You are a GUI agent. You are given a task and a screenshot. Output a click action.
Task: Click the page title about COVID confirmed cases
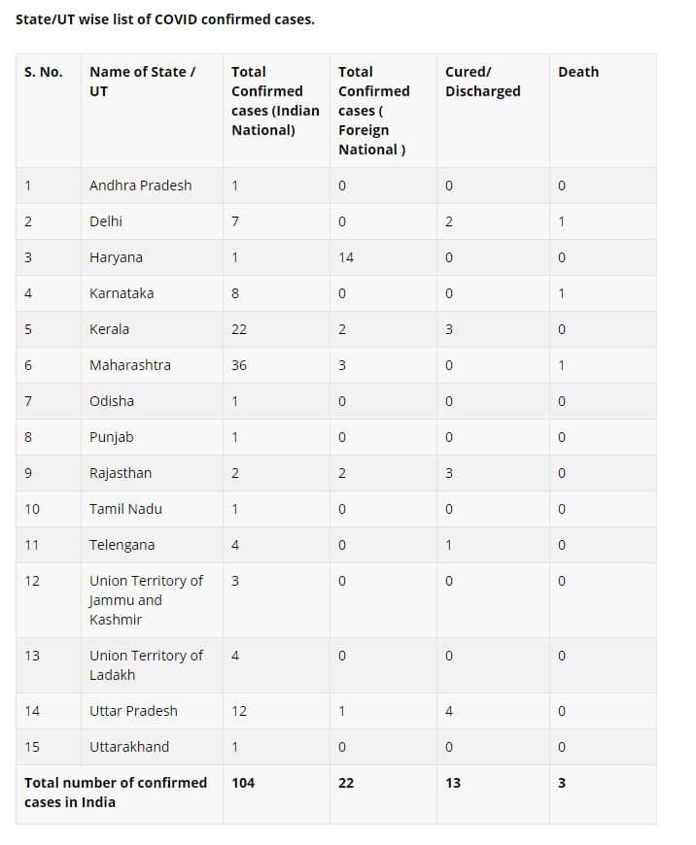click(x=165, y=19)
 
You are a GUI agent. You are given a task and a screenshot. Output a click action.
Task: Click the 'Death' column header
click(x=578, y=72)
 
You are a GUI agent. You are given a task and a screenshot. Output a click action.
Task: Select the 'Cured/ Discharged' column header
click(x=483, y=82)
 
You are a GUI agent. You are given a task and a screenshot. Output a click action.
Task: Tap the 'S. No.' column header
click(x=44, y=72)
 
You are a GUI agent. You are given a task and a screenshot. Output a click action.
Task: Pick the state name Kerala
click(x=109, y=329)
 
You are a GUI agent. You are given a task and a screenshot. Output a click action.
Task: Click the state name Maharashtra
click(x=129, y=365)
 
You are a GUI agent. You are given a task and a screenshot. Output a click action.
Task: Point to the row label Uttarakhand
click(x=129, y=747)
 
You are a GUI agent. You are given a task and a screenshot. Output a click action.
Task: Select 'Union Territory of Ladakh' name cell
click(x=146, y=665)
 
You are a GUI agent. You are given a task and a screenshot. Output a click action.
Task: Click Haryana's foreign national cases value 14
click(x=346, y=257)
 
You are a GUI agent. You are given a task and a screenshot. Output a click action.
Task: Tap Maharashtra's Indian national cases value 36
click(x=239, y=365)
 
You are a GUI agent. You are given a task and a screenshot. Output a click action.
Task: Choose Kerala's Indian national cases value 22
click(x=239, y=329)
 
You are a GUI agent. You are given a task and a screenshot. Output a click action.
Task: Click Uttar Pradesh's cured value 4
click(x=449, y=711)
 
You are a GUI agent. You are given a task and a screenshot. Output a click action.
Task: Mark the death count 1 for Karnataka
click(x=562, y=293)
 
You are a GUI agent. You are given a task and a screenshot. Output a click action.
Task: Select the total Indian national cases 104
click(x=243, y=783)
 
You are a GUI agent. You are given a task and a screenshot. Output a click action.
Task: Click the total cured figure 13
click(x=453, y=783)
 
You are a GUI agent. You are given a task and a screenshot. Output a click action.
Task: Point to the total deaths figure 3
click(x=562, y=783)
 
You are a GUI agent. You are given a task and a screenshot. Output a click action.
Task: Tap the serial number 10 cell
click(x=32, y=509)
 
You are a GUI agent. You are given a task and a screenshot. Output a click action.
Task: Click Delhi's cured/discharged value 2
click(x=449, y=221)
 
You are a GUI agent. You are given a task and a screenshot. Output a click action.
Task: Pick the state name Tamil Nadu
click(x=125, y=509)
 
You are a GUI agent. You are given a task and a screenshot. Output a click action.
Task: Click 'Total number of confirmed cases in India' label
click(x=116, y=793)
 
